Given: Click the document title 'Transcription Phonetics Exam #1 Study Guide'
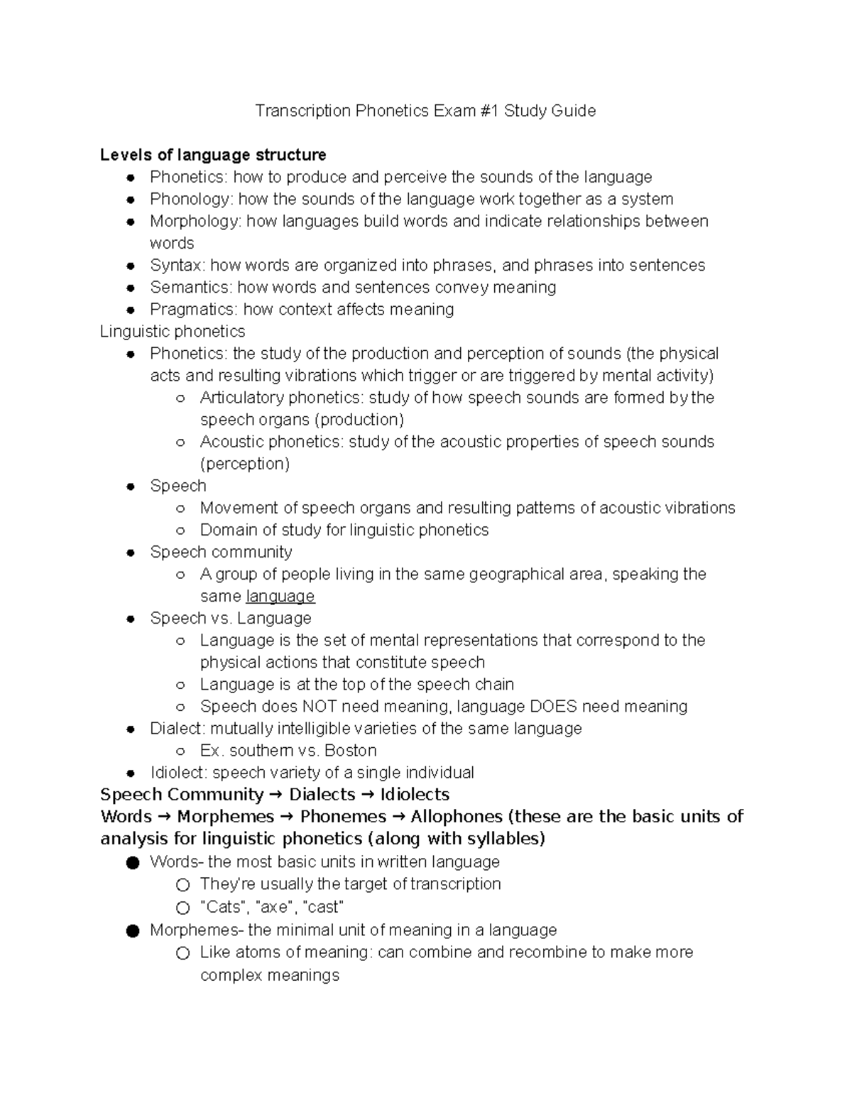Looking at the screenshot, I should point(425,111).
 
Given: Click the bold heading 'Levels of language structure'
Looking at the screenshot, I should point(213,155).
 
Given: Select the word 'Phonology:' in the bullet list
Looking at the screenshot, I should point(191,199).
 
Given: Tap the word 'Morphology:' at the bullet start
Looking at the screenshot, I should point(195,221).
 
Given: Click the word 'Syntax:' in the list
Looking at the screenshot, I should point(177,265).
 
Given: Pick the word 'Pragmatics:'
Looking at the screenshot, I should point(194,309).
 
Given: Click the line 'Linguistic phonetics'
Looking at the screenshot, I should point(173,331).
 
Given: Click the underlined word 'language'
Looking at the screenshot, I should point(280,596).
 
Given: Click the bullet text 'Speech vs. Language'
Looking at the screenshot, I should point(231,618).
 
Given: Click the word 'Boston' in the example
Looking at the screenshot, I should point(350,750).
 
